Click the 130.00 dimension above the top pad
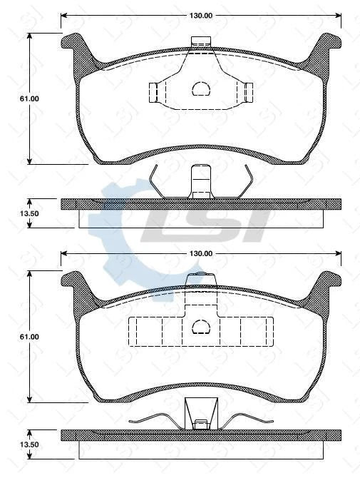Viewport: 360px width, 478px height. tap(201, 15)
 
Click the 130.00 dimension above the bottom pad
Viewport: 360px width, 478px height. tap(201, 253)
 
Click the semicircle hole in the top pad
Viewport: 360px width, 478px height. tap(200, 88)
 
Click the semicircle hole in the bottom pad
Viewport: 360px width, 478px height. tap(200, 327)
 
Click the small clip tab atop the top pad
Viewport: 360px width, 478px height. tap(201, 41)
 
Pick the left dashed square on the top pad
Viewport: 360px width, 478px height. tap(153, 92)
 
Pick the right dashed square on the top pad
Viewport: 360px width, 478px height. tap(249, 92)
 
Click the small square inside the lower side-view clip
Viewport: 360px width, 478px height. tap(201, 423)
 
